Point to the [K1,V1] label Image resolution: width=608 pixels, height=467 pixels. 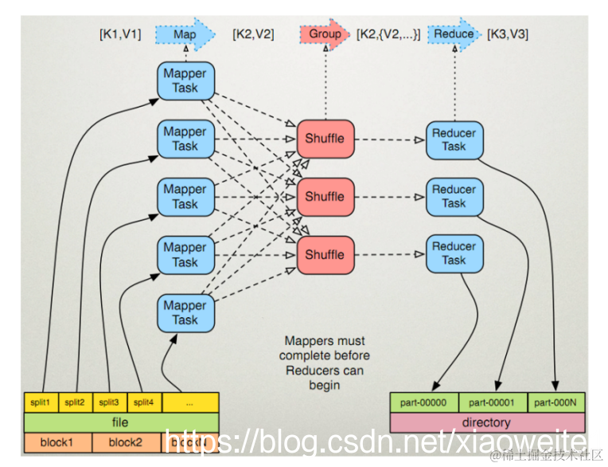pyautogui.click(x=120, y=34)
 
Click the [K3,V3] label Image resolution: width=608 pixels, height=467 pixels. pyautogui.click(x=508, y=34)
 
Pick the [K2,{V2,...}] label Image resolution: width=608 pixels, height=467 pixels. pyautogui.click(x=388, y=34)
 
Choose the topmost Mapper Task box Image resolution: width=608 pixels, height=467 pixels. pyautogui.click(x=185, y=80)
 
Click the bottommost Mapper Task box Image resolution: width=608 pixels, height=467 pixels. pyautogui.click(x=185, y=312)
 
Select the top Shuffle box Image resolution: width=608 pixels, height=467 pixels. pyautogui.click(x=325, y=139)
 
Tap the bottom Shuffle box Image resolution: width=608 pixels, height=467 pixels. pyautogui.click(x=325, y=255)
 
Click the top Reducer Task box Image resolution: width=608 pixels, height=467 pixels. pyautogui.click(x=454, y=139)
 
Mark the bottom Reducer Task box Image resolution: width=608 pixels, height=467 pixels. pyautogui.click(x=454, y=253)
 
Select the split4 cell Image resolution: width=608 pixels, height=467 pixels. pyautogui.click(x=144, y=402)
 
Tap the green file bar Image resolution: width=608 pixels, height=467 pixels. pyautogui.click(x=119, y=422)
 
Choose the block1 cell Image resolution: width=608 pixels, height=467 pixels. pyautogui.click(x=57, y=442)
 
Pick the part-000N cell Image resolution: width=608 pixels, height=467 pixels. pyautogui.click(x=556, y=402)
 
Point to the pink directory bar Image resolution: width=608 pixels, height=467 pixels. pyautogui.click(x=486, y=422)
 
